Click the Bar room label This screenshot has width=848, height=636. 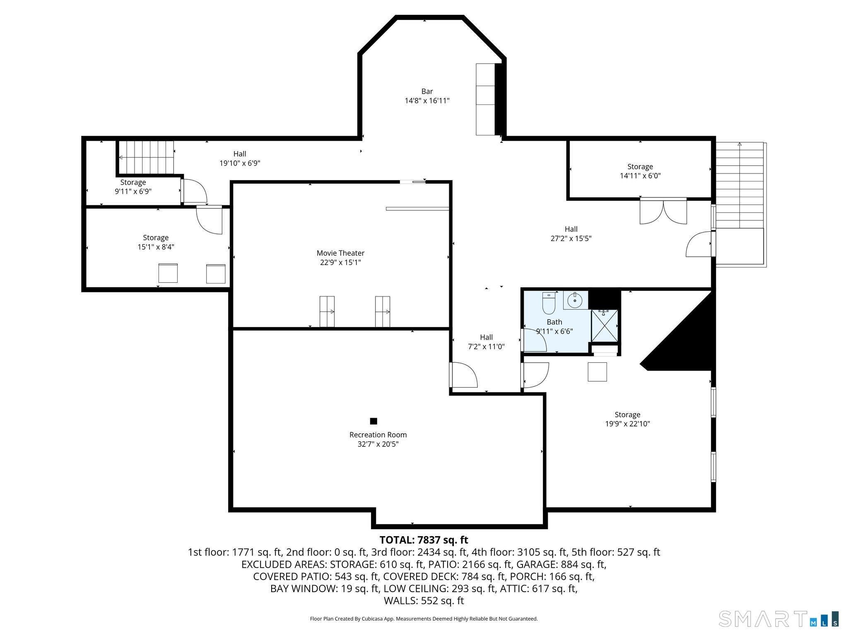pos(427,92)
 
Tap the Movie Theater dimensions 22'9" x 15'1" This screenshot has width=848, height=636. pos(340,263)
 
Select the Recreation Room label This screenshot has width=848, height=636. pos(378,435)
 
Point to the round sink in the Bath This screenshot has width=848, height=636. pos(575,300)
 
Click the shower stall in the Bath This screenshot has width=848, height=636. pos(604,325)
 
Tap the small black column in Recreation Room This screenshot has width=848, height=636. pos(373,421)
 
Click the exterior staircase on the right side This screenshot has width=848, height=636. pos(740,186)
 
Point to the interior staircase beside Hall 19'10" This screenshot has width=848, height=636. pos(146,157)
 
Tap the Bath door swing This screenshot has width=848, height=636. pos(534,340)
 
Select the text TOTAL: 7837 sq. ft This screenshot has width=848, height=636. pos(424,540)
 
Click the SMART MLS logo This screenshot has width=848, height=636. pos(778,619)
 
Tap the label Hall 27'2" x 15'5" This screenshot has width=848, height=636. pos(571,234)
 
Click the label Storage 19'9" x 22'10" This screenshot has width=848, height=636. pos(627,419)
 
